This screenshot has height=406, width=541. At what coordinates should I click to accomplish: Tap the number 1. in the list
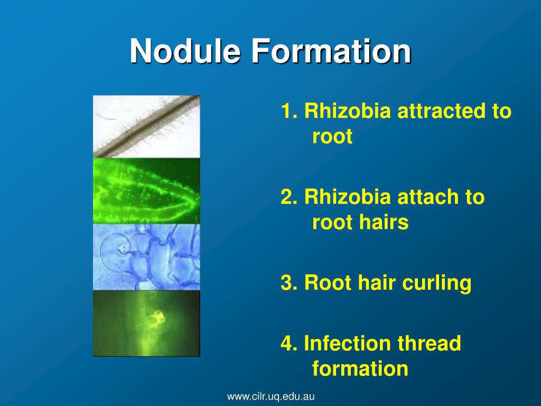tap(291, 112)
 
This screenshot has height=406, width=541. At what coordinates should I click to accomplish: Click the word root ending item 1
tap(332, 137)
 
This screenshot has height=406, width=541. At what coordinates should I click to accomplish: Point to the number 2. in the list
tap(291, 198)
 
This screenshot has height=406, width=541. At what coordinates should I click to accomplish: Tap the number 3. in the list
tap(291, 283)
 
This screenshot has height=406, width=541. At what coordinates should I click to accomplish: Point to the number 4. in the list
tap(291, 344)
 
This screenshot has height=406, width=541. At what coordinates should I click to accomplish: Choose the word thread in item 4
tap(430, 344)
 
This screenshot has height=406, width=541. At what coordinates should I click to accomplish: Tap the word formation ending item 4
tap(360, 368)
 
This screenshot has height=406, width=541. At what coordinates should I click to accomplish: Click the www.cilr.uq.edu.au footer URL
tap(271, 396)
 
